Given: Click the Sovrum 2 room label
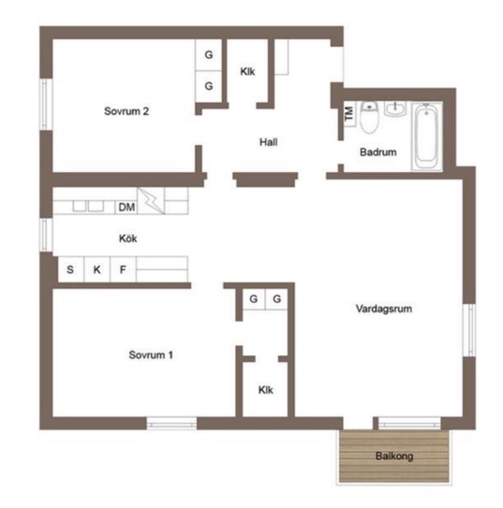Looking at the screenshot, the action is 126,111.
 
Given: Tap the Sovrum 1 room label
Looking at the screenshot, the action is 151,355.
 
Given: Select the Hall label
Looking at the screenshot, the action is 268,142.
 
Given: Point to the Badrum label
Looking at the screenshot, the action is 377,152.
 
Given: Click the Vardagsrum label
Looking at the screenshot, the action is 384,309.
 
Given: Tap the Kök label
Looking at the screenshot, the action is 127,239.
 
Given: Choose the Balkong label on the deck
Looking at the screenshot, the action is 394,457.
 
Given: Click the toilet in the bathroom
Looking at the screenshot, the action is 369,117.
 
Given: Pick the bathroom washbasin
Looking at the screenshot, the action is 395,109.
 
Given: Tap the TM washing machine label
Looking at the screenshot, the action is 349,113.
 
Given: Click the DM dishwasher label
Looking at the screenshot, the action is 126,207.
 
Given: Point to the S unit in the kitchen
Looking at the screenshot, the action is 70,269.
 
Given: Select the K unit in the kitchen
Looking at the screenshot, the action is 96,269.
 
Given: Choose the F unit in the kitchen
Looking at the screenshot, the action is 123,269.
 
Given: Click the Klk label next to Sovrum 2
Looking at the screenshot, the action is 247,71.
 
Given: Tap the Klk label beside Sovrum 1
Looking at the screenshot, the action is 266,390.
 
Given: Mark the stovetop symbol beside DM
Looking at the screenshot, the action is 151,201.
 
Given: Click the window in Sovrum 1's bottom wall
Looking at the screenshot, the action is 171,424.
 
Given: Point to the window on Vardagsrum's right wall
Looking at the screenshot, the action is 469,330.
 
